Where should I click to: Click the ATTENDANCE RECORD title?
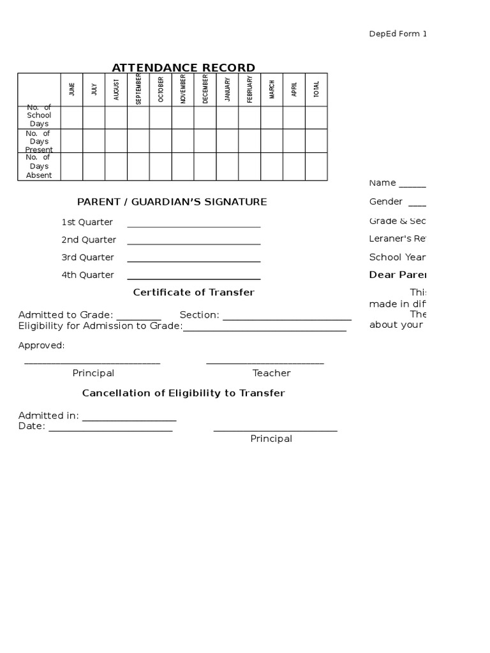tap(183, 68)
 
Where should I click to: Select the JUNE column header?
tap(71, 89)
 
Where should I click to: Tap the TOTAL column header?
tap(316, 89)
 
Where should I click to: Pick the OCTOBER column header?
tap(161, 89)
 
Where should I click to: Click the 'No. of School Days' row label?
tap(39, 116)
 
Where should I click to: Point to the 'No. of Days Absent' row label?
tap(39, 166)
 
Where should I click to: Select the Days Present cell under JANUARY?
tap(227, 141)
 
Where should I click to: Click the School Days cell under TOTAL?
tap(316, 117)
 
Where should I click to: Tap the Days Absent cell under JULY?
tap(94, 166)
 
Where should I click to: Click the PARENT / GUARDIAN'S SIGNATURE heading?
tap(172, 202)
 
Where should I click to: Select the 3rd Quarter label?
tap(87, 257)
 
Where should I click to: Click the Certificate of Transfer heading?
tap(193, 292)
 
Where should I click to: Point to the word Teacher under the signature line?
tap(271, 373)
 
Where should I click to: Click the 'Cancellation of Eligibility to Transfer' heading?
tap(183, 393)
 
